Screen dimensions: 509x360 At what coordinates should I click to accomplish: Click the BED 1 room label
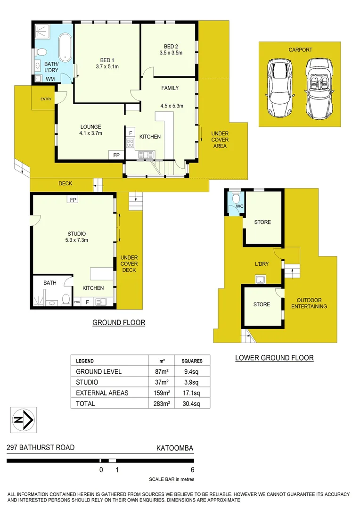107,60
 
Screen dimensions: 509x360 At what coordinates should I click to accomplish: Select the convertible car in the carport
319,89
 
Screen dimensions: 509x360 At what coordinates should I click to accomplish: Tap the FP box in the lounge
116,155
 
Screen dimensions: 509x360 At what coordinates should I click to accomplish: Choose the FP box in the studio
73,200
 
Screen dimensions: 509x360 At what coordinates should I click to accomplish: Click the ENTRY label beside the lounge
46,99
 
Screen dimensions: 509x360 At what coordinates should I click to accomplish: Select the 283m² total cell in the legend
162,403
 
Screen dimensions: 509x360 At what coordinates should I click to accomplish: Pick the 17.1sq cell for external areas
192,393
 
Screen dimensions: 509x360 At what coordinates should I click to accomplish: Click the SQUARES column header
192,361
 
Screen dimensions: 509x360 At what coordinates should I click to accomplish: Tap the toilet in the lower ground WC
236,198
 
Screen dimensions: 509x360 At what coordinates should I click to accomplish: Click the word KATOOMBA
175,448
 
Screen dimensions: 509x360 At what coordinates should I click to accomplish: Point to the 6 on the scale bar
192,469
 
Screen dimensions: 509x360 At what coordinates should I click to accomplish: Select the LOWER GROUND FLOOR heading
274,358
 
